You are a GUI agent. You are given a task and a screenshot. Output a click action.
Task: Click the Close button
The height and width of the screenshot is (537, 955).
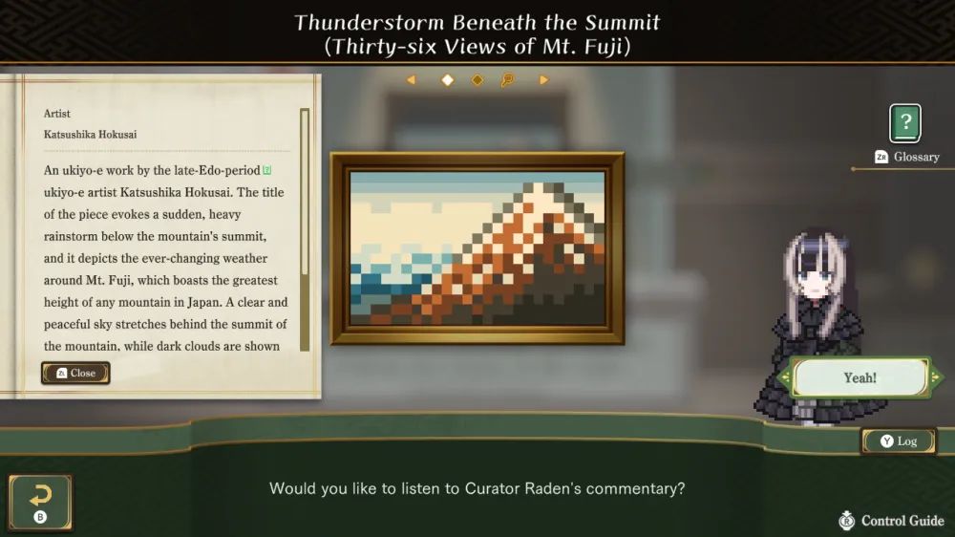(x=75, y=373)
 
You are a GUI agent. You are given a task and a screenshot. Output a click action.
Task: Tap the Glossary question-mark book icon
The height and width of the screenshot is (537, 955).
(x=905, y=123)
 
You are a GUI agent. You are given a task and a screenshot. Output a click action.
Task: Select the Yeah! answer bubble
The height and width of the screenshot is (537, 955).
(x=860, y=378)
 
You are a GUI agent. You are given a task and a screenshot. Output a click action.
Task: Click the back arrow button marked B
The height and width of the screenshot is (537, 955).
(x=40, y=503)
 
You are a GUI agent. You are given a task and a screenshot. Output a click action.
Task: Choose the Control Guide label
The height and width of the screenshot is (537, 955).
(x=902, y=521)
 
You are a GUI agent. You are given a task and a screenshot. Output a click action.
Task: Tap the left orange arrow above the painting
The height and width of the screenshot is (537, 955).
(x=412, y=80)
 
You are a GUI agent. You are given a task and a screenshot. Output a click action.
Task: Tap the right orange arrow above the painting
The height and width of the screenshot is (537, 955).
(x=543, y=80)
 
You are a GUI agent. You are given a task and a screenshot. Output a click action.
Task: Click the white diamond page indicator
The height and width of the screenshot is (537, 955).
(x=448, y=80)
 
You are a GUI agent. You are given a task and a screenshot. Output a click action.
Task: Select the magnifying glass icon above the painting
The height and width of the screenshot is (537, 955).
(x=507, y=80)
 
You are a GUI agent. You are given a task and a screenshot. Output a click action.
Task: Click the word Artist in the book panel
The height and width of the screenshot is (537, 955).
(x=56, y=114)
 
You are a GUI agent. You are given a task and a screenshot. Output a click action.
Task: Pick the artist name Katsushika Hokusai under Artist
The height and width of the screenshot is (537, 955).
(x=90, y=134)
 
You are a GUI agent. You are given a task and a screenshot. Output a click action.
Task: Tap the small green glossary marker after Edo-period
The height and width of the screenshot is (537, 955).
(x=266, y=170)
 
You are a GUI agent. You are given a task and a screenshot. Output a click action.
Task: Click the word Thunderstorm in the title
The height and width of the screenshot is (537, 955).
(x=370, y=23)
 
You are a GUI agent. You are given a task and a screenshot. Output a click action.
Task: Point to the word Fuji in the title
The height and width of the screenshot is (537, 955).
(x=601, y=47)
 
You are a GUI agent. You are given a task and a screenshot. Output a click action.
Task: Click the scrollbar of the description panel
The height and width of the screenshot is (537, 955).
(x=305, y=229)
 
